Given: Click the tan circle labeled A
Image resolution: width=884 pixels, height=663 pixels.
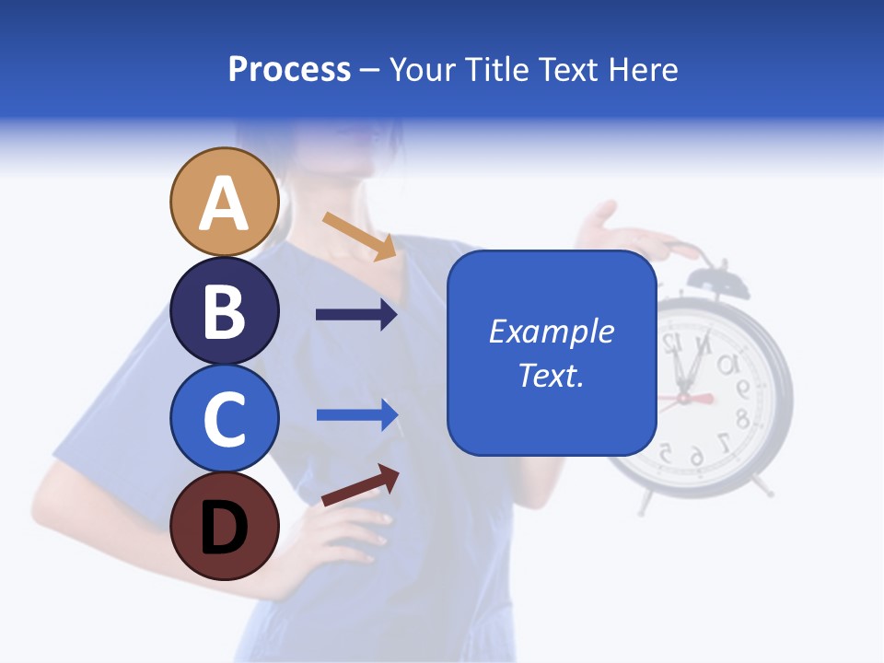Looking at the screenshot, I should click(x=225, y=202).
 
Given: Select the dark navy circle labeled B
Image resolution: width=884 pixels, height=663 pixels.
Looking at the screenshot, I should click(x=225, y=310).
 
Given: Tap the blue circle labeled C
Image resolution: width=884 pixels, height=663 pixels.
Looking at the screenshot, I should click(x=225, y=418).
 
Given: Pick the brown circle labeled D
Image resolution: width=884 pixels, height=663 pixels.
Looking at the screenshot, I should click(x=225, y=527).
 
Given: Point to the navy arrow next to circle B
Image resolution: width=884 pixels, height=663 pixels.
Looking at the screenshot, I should click(x=356, y=315).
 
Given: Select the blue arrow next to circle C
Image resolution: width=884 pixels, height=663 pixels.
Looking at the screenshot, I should click(x=356, y=414).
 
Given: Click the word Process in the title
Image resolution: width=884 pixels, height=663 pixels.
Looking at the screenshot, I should click(x=289, y=69).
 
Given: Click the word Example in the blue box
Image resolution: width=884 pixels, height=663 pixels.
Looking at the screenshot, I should click(x=551, y=331).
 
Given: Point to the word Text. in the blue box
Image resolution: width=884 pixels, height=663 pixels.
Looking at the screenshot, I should click(x=551, y=375).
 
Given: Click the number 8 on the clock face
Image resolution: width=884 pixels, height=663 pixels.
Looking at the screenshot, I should click(x=741, y=420).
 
